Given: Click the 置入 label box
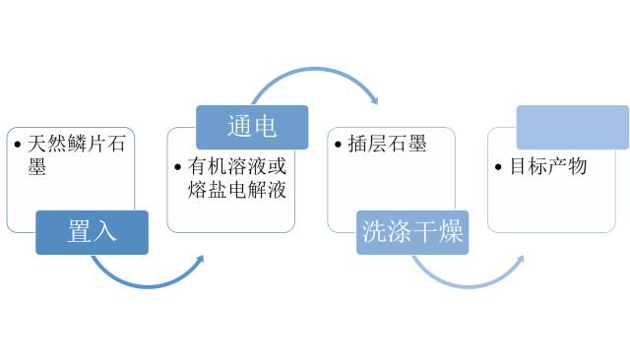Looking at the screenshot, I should click(92, 232).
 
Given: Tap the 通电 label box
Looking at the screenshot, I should click(252, 127).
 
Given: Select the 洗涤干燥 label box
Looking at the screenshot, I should click(412, 232).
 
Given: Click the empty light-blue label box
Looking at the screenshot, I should click(572, 127).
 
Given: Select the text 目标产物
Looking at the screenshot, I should click(548, 166).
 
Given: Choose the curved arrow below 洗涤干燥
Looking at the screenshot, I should click(466, 277).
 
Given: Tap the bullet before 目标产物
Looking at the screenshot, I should click(500, 167).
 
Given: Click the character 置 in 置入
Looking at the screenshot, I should click(80, 232).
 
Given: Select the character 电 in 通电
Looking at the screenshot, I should click(265, 127).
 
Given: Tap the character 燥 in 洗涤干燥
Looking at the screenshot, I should click(451, 232).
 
